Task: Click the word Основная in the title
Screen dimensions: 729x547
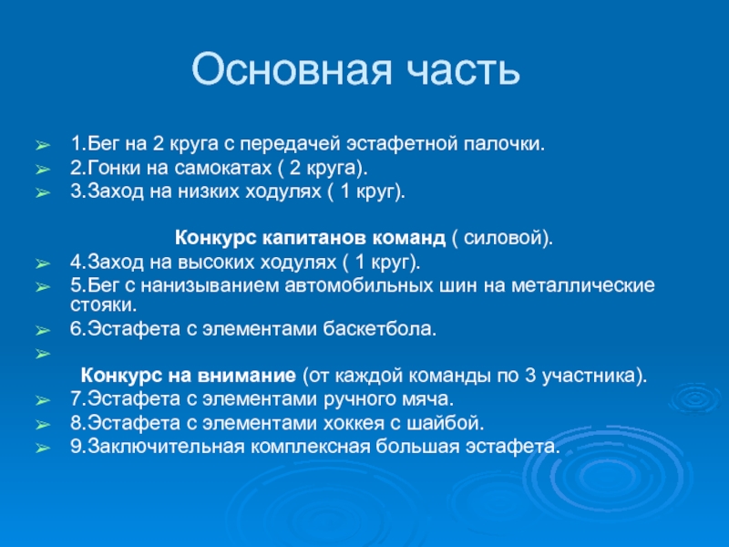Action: coord(292,70)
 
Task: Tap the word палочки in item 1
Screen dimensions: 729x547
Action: coord(504,144)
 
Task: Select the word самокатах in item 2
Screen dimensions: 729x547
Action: coord(222,168)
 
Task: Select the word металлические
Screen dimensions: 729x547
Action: coord(583,285)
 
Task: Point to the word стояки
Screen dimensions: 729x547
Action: coord(103,305)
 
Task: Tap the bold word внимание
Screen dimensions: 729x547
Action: coord(246,376)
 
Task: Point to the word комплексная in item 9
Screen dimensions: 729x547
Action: coord(311,447)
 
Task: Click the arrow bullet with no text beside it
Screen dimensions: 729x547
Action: coord(42,354)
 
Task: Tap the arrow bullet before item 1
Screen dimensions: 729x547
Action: coord(42,146)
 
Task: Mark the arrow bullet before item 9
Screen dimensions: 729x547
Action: coord(42,449)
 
